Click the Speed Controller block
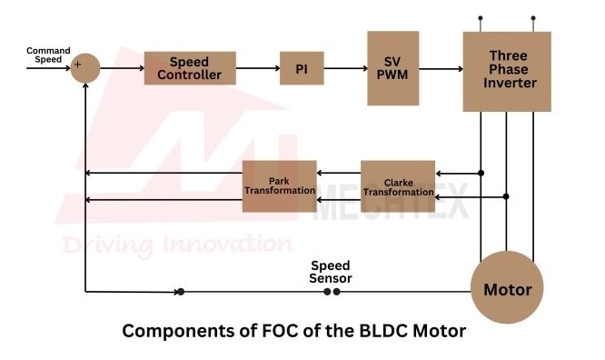[x=190, y=68]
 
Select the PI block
[x=302, y=68]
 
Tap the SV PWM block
[x=392, y=68]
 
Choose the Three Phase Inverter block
[x=507, y=72]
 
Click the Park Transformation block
[x=280, y=186]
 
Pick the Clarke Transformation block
[x=398, y=186]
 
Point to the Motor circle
[x=507, y=287]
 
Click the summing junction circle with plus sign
[x=85, y=68]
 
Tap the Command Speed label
[x=48, y=55]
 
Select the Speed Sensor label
[x=331, y=272]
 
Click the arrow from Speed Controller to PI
[x=258, y=68]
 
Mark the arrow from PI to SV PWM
[x=346, y=68]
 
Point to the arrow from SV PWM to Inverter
[x=441, y=69]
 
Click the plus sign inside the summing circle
[x=77, y=65]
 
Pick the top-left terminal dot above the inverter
[x=481, y=18]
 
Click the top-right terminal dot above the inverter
[x=533, y=18]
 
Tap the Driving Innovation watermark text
[x=177, y=245]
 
